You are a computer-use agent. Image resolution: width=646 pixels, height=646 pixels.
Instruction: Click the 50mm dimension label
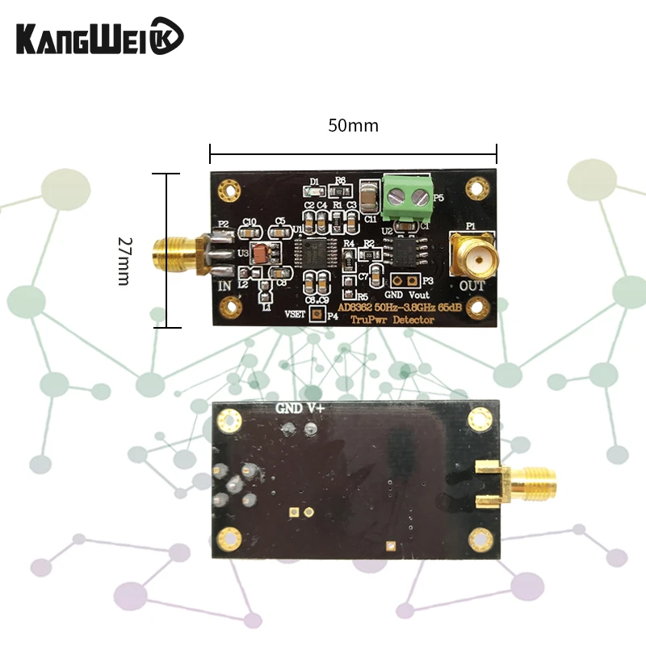[x=353, y=126]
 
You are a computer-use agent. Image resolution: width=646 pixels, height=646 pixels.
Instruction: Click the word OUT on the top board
[x=472, y=286]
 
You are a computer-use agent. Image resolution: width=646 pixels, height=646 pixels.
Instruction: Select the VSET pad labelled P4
[x=317, y=316]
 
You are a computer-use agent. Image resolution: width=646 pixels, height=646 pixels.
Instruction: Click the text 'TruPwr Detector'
[x=392, y=321]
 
